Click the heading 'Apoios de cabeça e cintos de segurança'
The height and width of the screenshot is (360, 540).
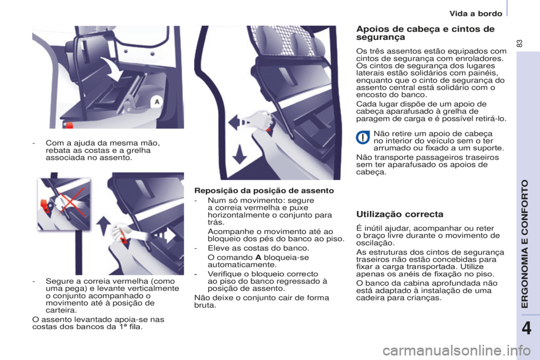[425, 33]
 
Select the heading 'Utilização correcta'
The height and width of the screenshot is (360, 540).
[399, 214]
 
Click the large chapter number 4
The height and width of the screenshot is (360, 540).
[526, 328]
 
